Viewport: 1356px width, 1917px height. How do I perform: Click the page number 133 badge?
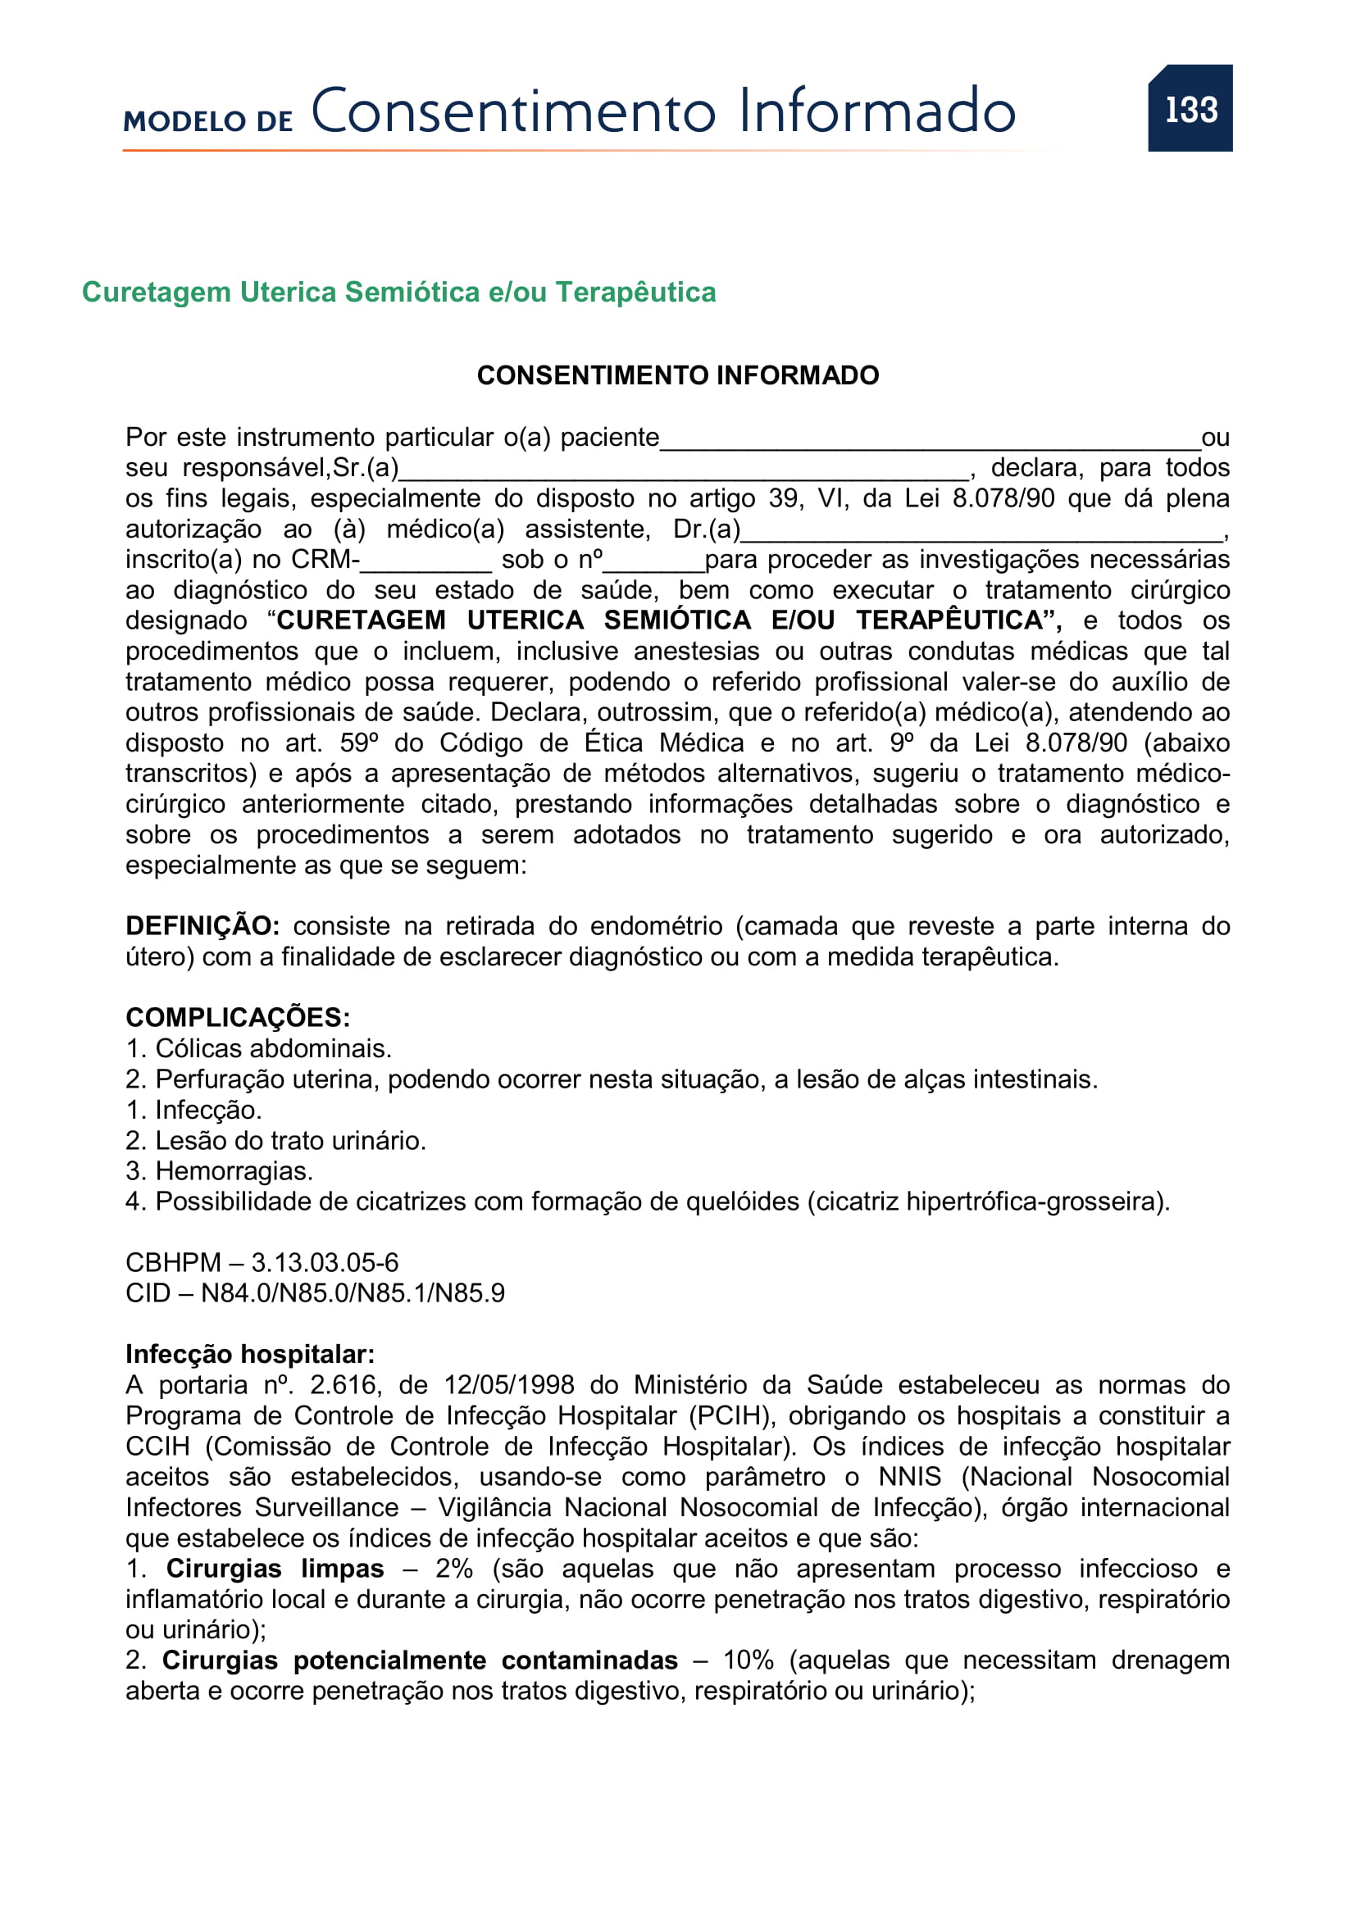click(1190, 108)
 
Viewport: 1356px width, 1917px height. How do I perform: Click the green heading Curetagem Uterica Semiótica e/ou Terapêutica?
click(398, 293)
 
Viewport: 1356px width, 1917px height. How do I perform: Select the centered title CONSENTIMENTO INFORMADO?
click(677, 375)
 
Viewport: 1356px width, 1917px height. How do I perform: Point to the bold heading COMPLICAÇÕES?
click(237, 1018)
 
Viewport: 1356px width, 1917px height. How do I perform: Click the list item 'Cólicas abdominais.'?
click(273, 1049)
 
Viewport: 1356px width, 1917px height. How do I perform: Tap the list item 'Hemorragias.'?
click(234, 1171)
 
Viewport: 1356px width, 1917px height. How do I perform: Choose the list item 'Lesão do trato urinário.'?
click(289, 1141)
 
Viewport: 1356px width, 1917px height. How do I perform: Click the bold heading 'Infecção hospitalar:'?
click(250, 1354)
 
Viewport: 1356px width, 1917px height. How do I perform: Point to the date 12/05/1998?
click(508, 1385)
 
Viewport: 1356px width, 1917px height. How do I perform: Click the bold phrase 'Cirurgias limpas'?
click(275, 1569)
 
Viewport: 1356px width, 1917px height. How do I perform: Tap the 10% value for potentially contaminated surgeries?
click(749, 1660)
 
